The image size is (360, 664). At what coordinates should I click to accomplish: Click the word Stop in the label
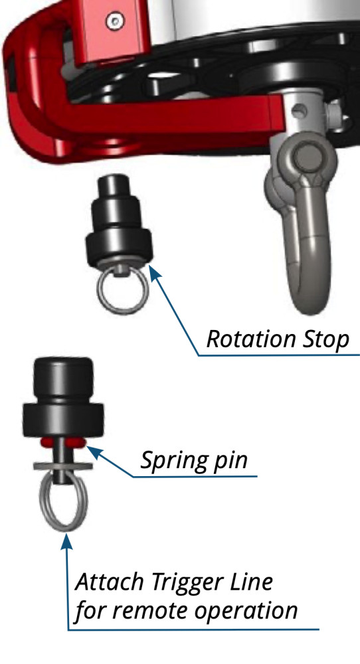point(324,340)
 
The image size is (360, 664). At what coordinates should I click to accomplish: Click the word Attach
point(110,582)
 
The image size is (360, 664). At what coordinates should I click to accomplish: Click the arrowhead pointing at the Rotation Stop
point(155,272)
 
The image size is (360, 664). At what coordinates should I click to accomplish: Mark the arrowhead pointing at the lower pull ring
point(66,540)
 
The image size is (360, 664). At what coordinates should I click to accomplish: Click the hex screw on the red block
point(115,21)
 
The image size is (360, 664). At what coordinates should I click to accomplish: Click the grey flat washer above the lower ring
point(62,466)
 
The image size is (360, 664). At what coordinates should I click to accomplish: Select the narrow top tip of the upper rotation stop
point(114,184)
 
